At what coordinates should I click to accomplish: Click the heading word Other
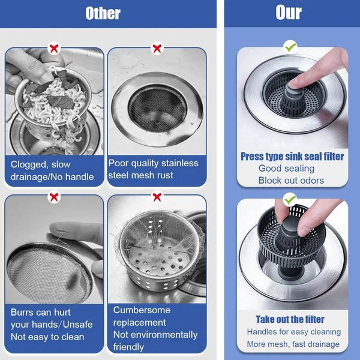[x=103, y=13]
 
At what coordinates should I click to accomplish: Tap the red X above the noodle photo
[x=54, y=49]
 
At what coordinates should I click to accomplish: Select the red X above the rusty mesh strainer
[x=157, y=49]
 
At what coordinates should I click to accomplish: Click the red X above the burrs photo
[x=54, y=196]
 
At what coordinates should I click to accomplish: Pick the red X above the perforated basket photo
[x=157, y=196]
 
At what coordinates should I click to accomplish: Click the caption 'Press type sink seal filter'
[x=292, y=157]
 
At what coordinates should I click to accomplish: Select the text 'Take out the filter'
[x=290, y=319]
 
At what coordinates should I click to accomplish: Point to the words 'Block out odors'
[x=291, y=181]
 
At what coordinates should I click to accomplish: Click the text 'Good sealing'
[x=286, y=169]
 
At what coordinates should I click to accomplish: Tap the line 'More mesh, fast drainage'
[x=293, y=344]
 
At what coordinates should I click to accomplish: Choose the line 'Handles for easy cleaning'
[x=293, y=332]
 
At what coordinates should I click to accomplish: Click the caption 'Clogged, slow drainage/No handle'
[x=52, y=170]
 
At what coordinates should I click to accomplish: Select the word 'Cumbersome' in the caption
[x=142, y=310]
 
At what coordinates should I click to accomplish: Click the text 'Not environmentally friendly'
[x=155, y=340]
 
